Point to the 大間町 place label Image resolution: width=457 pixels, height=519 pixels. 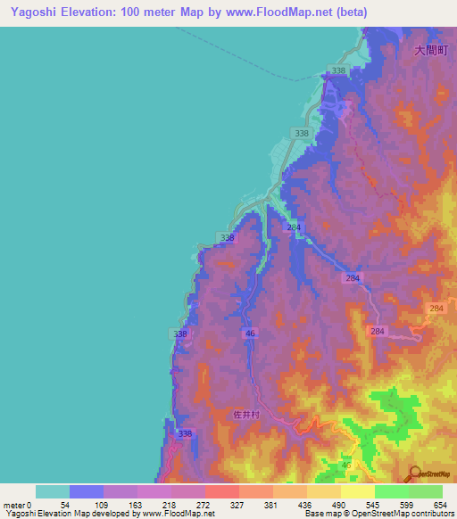click(x=430, y=52)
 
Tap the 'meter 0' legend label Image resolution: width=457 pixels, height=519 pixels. click(x=18, y=505)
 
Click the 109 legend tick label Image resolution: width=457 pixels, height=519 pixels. click(x=103, y=505)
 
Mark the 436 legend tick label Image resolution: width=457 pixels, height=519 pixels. click(x=306, y=505)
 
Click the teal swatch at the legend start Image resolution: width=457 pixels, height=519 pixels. click(x=52, y=491)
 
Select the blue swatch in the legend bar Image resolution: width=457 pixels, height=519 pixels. click(x=86, y=491)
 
